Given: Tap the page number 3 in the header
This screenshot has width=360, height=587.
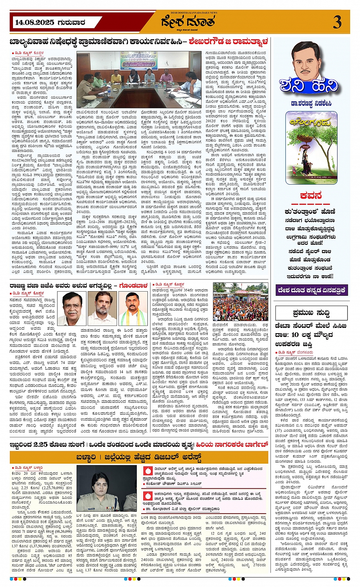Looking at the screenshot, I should [337, 22].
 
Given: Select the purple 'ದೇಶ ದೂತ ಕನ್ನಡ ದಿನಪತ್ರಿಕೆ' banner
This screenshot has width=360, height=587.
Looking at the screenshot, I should [311, 290].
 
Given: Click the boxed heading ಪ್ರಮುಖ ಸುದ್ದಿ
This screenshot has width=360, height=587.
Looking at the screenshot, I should [311, 313].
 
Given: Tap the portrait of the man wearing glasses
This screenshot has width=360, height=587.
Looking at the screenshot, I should [72, 308].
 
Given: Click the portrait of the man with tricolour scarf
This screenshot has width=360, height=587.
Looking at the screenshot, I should [133, 308].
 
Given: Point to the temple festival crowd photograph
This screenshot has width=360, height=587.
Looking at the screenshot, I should [240, 301].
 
